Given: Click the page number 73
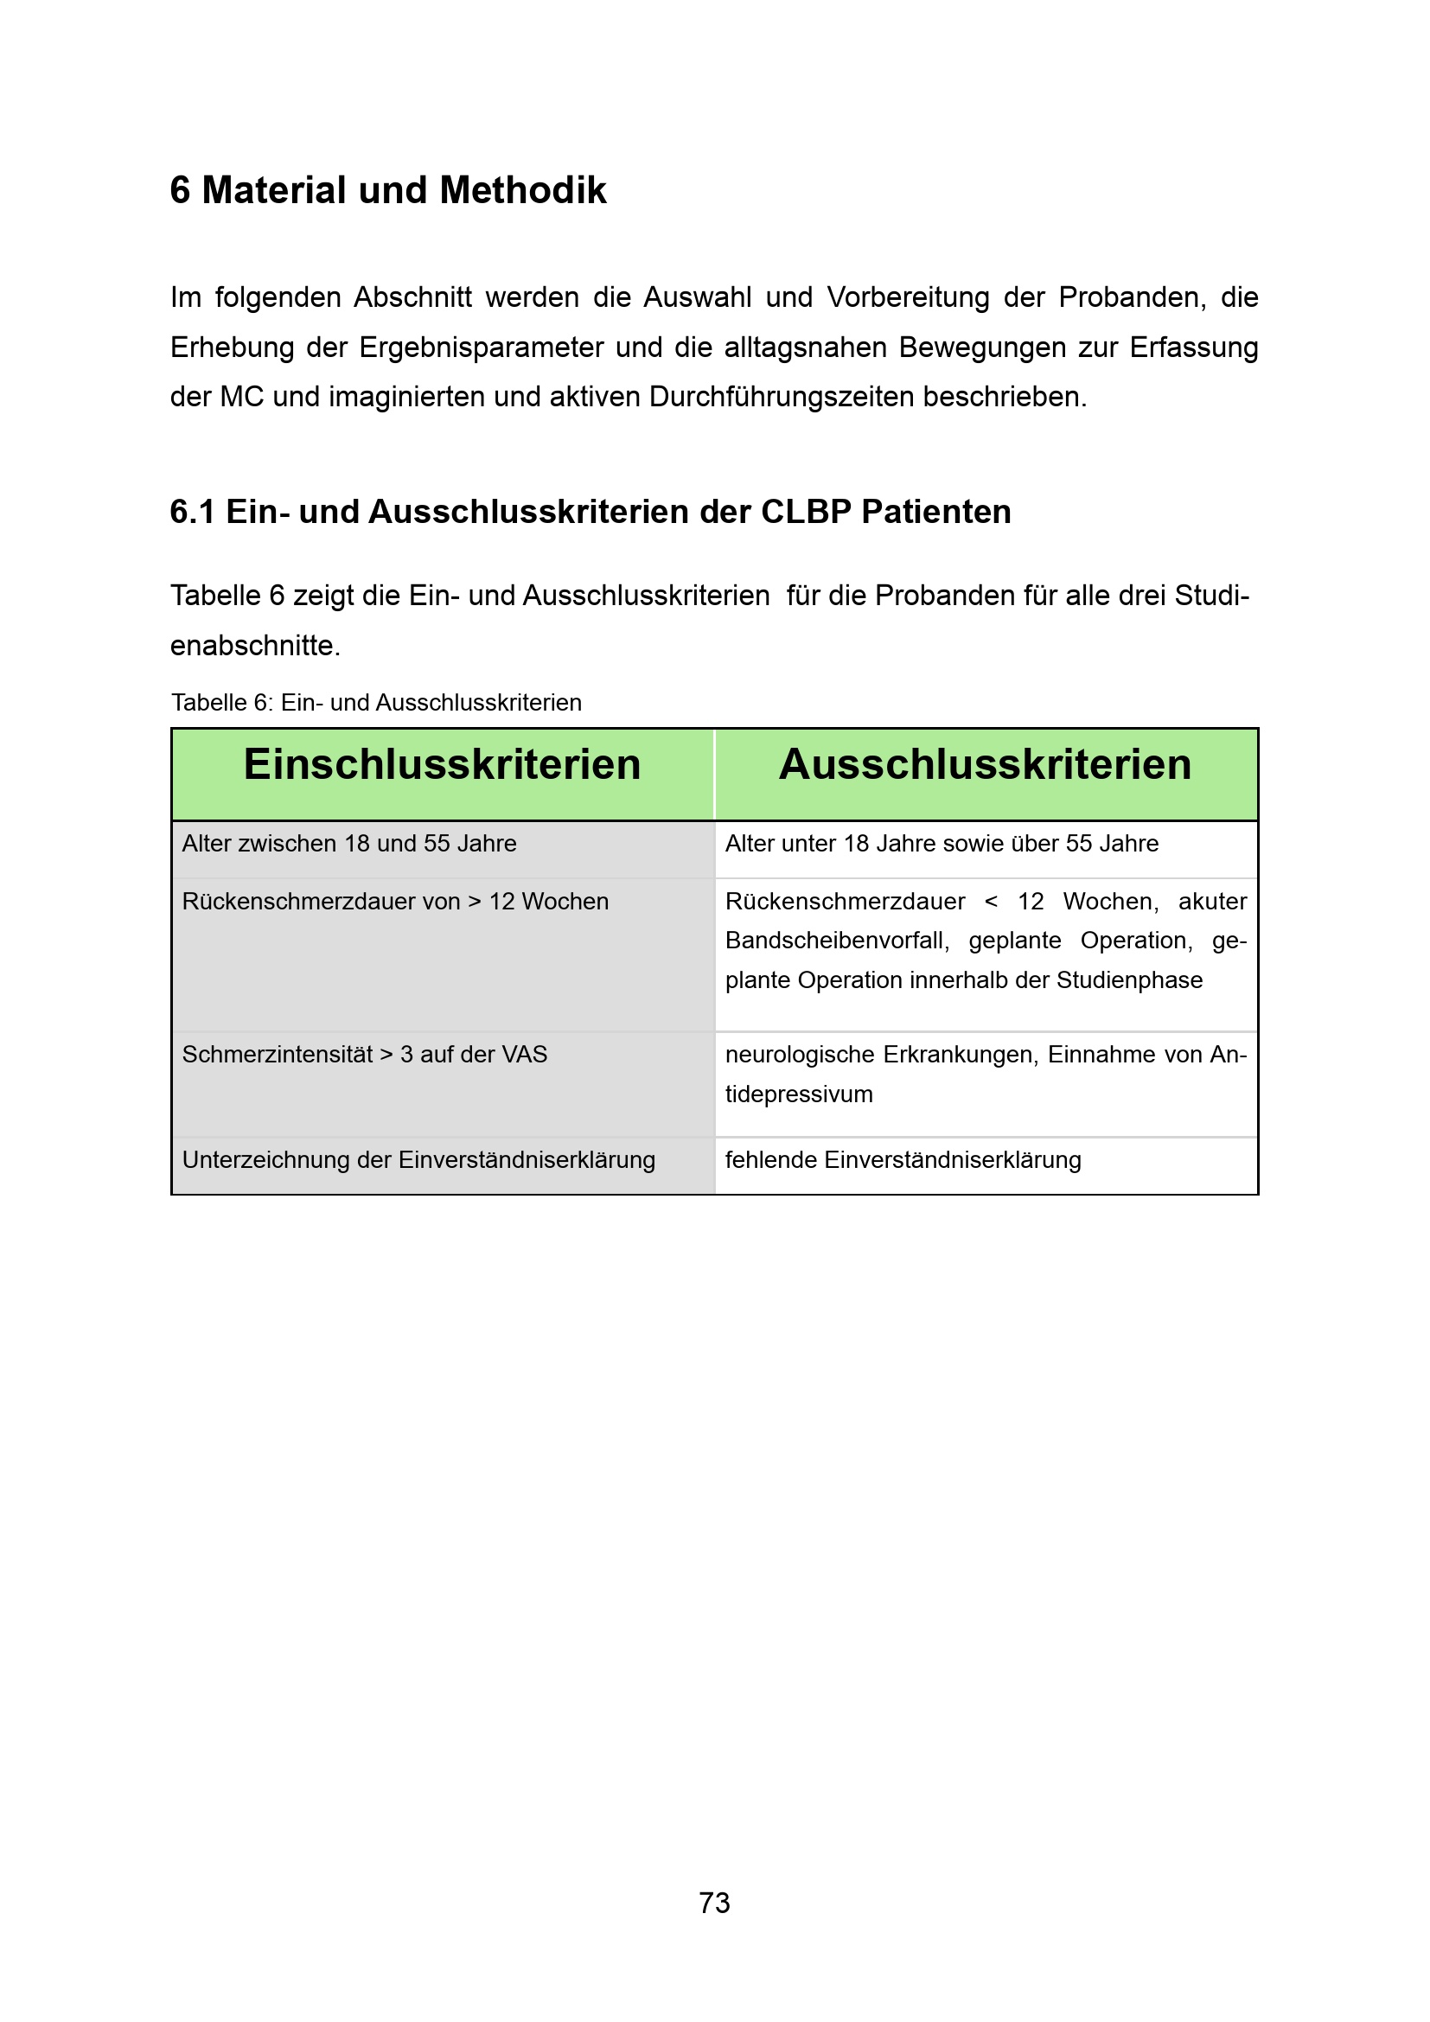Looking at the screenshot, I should tap(714, 1902).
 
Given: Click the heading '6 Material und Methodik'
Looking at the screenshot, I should tap(388, 190).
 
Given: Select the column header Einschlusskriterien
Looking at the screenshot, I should tap(442, 764).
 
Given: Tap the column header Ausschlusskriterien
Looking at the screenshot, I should tap(985, 764).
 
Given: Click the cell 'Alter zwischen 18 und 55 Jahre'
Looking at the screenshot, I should tap(349, 844).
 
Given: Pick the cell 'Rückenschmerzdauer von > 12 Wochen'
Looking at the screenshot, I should tap(395, 902).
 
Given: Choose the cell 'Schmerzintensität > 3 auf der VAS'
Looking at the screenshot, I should tap(365, 1055).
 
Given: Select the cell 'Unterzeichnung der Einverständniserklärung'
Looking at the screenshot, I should tap(418, 1160).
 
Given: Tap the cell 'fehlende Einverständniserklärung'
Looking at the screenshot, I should tap(903, 1160).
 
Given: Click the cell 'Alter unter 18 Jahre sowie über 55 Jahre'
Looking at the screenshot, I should tap(942, 844).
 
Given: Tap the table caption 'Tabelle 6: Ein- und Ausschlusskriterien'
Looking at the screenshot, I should tap(376, 703).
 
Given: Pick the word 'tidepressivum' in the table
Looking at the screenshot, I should tap(799, 1094).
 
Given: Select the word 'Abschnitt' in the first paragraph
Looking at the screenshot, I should tap(413, 297).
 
